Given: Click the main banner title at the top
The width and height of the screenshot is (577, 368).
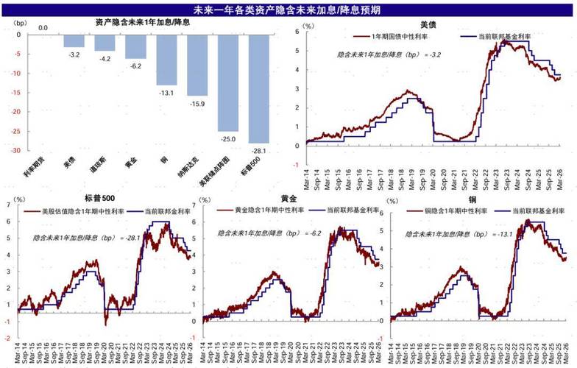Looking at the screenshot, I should click(287, 10).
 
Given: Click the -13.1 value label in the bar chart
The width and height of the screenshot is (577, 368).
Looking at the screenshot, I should click(166, 91).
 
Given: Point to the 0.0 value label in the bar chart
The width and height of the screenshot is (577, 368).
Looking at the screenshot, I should click(43, 28).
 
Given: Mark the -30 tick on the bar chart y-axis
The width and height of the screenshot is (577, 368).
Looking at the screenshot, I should click(13, 150).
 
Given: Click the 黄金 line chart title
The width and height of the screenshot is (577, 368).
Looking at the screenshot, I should click(290, 198).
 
